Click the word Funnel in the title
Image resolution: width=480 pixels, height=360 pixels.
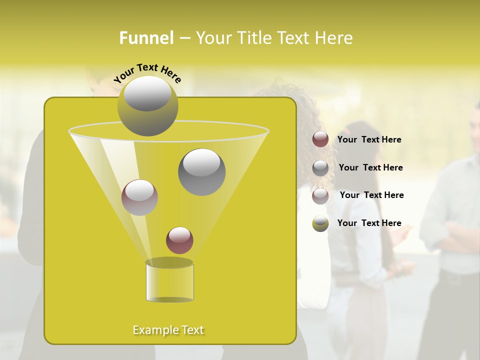pyautogui.click(x=146, y=38)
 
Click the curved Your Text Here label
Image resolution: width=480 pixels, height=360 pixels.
pyautogui.click(x=147, y=72)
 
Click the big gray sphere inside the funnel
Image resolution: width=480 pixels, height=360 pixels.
pyautogui.click(x=201, y=172)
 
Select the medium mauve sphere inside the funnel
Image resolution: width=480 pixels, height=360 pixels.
pyautogui.click(x=139, y=197)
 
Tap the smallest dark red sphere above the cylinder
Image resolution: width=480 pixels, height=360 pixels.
pyautogui.click(x=179, y=240)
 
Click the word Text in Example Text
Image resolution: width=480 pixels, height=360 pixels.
pyautogui.click(x=192, y=330)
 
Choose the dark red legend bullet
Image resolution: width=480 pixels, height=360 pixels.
pyautogui.click(x=320, y=139)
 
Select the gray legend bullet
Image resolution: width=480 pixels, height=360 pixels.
pyautogui.click(x=320, y=167)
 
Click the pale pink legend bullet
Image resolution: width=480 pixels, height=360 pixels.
pyautogui.click(x=320, y=195)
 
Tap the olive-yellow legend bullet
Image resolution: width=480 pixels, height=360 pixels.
pyautogui.click(x=320, y=223)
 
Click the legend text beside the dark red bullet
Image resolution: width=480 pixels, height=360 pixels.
pyautogui.click(x=369, y=140)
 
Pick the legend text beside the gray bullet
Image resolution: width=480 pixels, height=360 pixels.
pyautogui.click(x=370, y=168)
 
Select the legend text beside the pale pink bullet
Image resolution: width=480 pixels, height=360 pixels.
pyautogui.click(x=371, y=195)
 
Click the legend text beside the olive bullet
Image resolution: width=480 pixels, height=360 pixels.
pyautogui.click(x=369, y=223)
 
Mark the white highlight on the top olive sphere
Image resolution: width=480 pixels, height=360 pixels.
pyautogui.click(x=147, y=94)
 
